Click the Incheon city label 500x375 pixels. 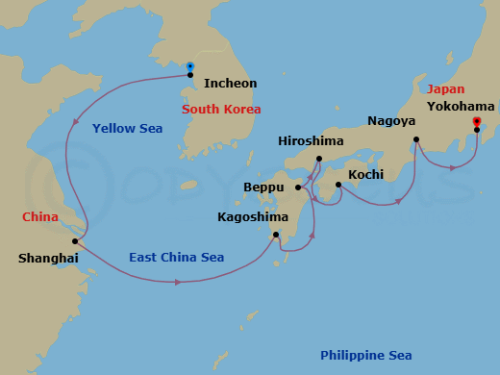(232, 84)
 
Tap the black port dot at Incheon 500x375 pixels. (190, 75)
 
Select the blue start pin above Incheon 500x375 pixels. (190, 66)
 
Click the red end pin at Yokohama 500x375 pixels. (477, 121)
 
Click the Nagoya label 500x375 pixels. (392, 121)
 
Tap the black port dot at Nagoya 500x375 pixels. (416, 139)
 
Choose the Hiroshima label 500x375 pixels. (311, 141)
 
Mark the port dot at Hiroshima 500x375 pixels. (318, 159)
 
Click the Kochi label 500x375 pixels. (365, 174)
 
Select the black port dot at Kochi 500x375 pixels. (338, 184)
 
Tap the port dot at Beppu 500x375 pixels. (298, 187)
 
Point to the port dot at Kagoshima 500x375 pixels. (276, 235)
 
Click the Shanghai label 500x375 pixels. (47, 258)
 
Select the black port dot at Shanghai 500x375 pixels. (75, 241)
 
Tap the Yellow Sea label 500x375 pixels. (127, 129)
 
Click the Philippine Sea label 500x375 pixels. (365, 356)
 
